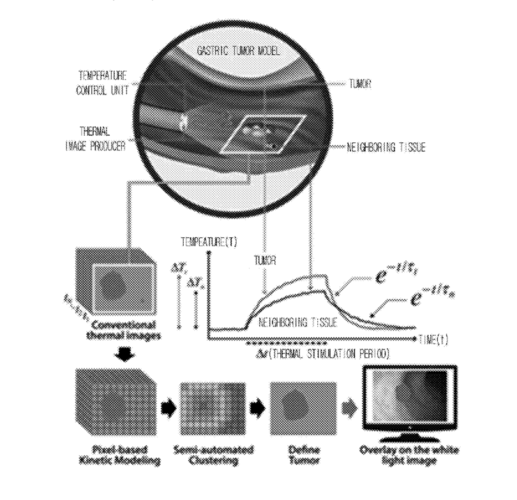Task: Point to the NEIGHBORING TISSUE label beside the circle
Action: (x=386, y=147)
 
